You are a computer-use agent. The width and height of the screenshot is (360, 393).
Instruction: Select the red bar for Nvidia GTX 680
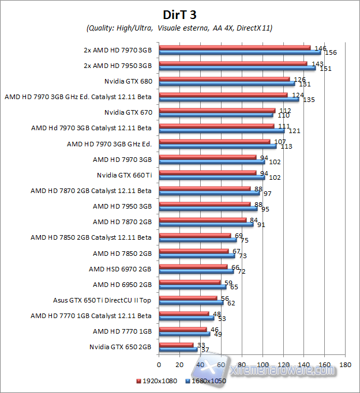coord(224,79)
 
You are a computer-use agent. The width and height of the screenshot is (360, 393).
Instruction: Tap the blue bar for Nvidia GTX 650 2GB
coord(178,349)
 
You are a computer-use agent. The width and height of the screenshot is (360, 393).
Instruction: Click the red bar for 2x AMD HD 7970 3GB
coord(234,47)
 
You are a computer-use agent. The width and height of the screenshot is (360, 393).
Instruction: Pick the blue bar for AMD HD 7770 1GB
coord(184,334)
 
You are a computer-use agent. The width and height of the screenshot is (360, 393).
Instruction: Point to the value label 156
coord(331,52)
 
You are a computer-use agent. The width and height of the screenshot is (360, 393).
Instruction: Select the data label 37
coord(205,350)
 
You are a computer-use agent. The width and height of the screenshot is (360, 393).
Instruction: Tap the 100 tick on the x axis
coord(262,364)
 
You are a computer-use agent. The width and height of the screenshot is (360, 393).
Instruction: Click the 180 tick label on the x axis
coord(346,364)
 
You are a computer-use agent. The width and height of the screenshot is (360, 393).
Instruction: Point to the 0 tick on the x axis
coord(159,364)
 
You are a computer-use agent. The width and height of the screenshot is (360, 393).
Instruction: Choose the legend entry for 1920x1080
coord(157,381)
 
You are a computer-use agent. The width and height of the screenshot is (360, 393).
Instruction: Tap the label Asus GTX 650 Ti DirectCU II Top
coord(102,300)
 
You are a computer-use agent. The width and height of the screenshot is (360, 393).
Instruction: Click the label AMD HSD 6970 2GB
coord(120,269)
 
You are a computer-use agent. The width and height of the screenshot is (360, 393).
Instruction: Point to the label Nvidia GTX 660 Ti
coord(124,175)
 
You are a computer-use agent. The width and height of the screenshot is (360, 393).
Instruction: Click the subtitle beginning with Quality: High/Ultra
coord(179,28)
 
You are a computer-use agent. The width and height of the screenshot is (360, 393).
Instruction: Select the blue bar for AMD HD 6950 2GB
coord(192,286)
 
